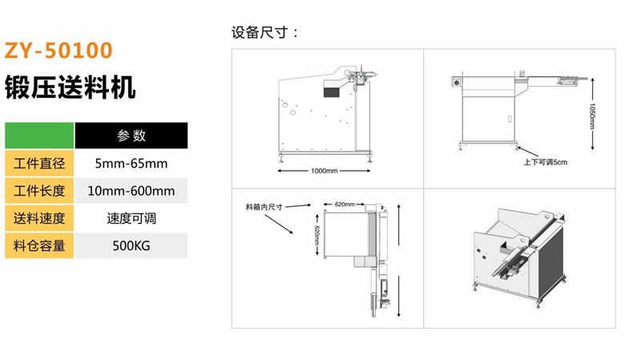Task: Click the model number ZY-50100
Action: coord(58,51)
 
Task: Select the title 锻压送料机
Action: coord(70,87)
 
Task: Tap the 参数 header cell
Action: coord(131,136)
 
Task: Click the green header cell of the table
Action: coord(39,136)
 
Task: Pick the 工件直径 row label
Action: coord(39,164)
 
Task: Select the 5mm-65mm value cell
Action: coord(131,164)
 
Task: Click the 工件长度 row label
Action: coord(39,191)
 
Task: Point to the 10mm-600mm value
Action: coord(131,191)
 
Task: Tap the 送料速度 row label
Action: coord(39,218)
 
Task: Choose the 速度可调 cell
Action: coord(131,218)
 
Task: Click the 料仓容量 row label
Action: coord(39,246)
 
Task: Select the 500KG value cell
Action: coord(131,246)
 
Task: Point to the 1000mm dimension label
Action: coord(325,171)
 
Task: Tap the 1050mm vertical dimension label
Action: coord(592,116)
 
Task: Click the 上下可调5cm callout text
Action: coord(546,163)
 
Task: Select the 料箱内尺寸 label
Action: coord(264,207)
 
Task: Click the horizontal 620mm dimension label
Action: coord(345,204)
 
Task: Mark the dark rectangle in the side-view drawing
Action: coord(332,91)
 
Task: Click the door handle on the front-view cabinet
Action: coord(510,119)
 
